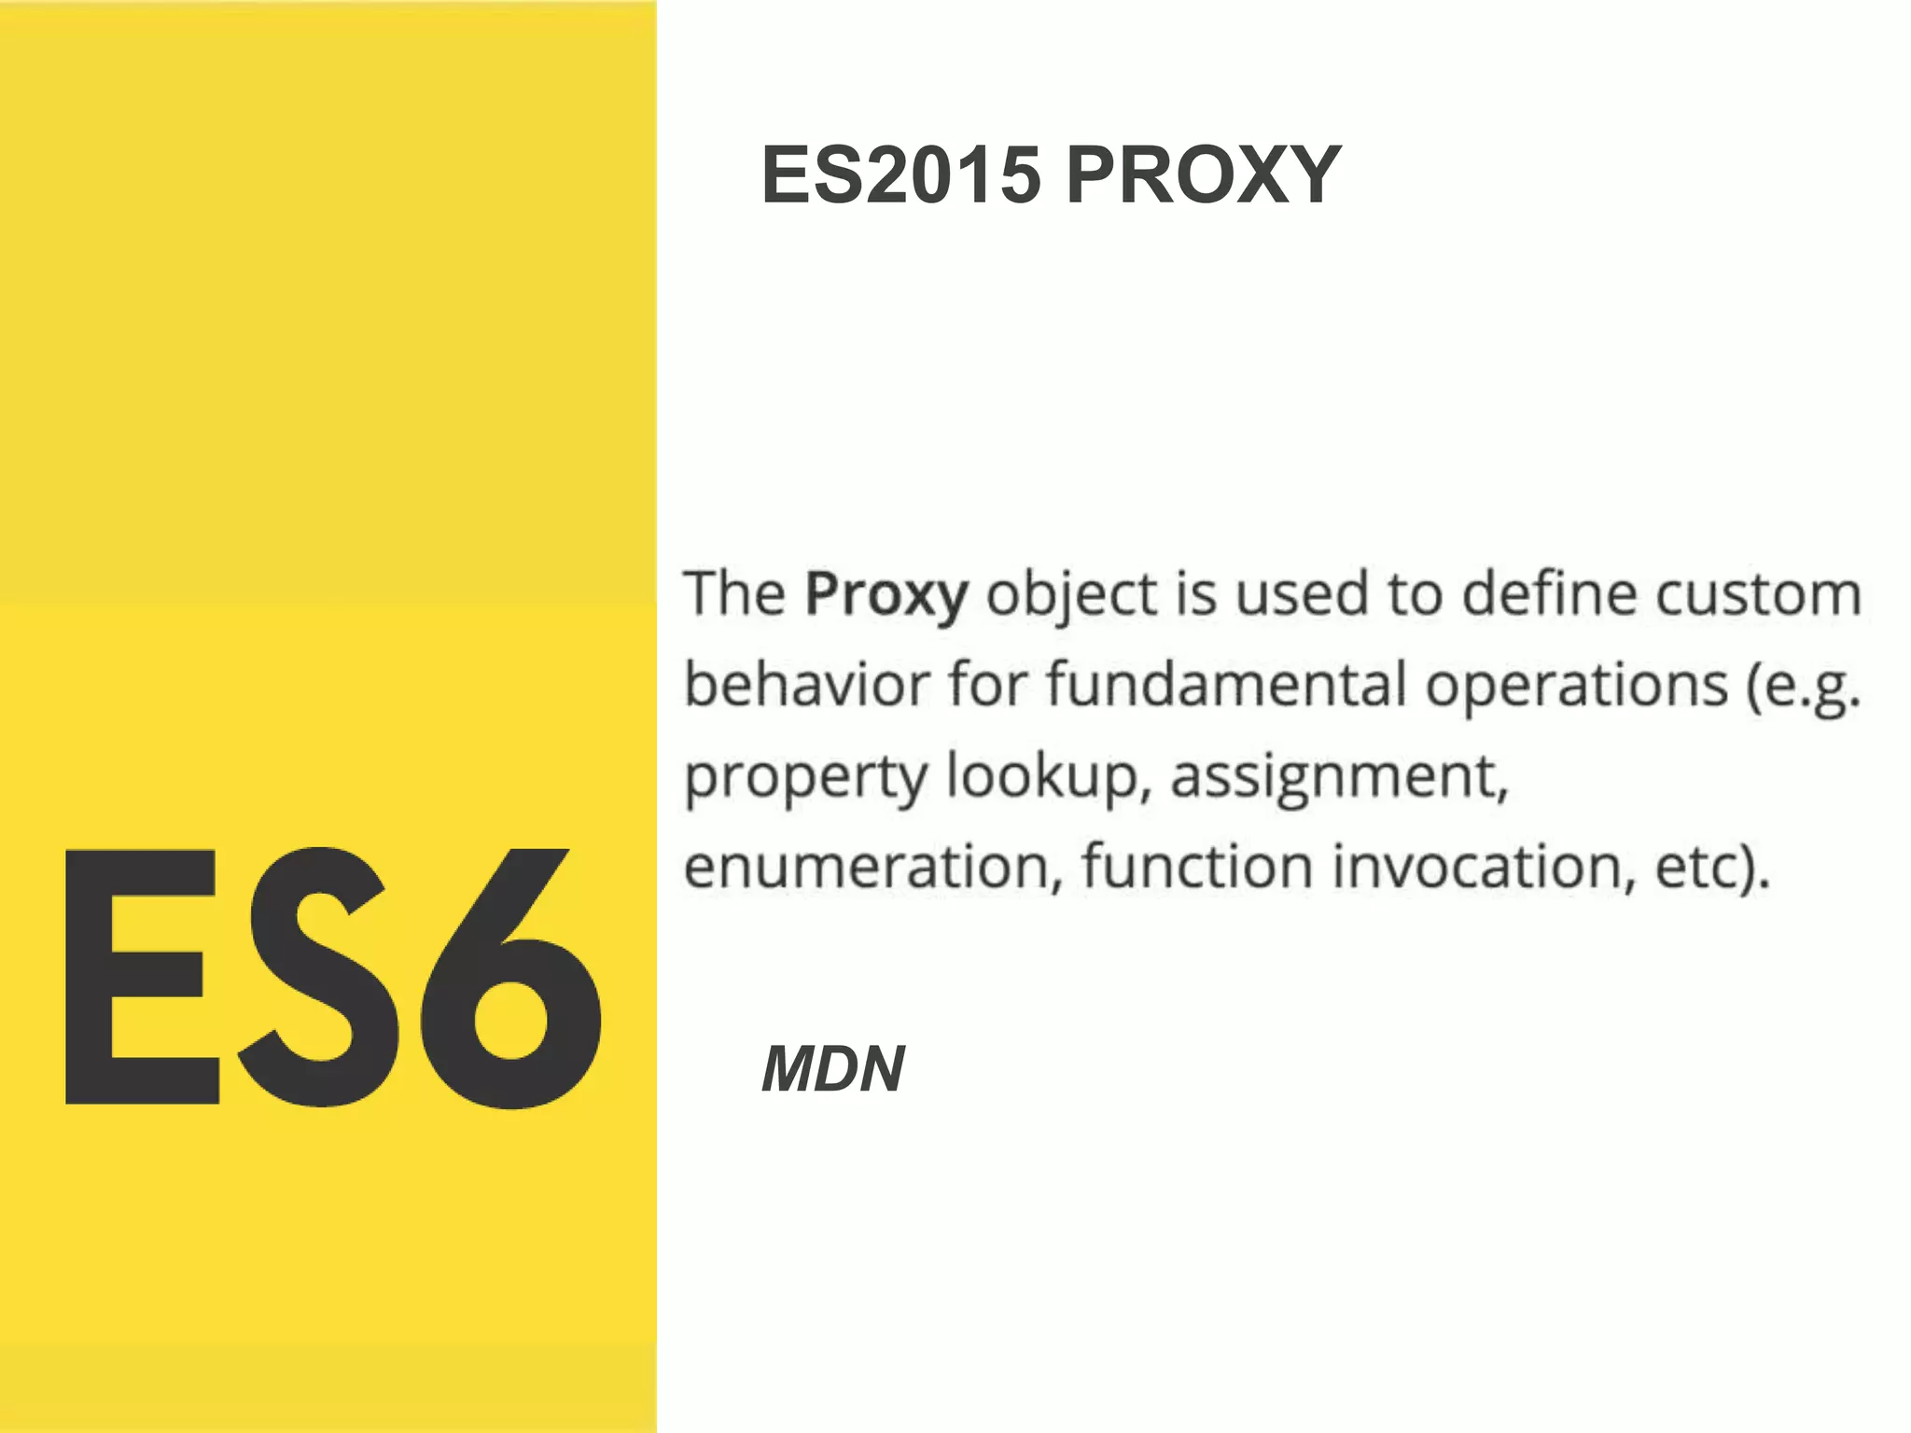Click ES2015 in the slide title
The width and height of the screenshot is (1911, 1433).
(x=900, y=174)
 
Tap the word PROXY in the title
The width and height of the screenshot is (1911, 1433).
(x=1203, y=174)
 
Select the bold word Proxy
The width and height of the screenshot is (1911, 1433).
(x=886, y=594)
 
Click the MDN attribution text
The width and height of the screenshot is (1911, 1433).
(x=832, y=1068)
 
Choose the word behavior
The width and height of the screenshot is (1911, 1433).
(x=807, y=684)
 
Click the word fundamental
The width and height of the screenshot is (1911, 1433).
(x=1226, y=684)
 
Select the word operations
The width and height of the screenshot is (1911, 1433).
(x=1576, y=684)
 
